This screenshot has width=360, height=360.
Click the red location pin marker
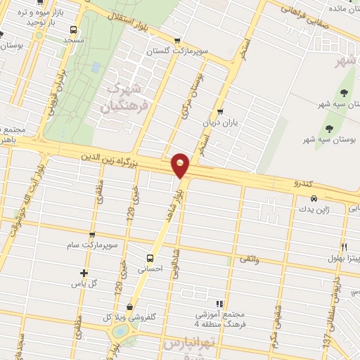pyautogui.click(x=181, y=165)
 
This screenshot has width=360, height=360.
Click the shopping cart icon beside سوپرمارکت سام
pyautogui.click(x=92, y=236)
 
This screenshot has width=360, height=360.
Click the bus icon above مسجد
pyautogui.click(x=74, y=30)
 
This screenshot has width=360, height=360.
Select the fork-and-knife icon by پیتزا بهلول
pyautogui.click(x=344, y=247)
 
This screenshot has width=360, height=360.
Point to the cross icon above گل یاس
pyautogui.click(x=84, y=273)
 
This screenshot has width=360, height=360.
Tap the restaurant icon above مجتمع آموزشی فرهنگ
pyautogui.click(x=200, y=304)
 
